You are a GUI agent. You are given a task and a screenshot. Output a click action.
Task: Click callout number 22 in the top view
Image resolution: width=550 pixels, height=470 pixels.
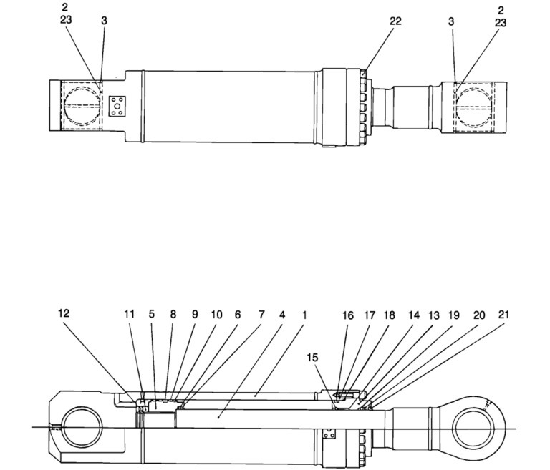click(395, 21)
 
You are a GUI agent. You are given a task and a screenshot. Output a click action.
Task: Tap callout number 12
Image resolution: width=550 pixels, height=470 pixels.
click(64, 313)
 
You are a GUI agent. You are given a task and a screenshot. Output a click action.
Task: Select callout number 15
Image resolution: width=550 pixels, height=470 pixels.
click(314, 356)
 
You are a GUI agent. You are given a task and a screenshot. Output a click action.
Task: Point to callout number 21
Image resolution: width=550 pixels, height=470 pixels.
click(505, 314)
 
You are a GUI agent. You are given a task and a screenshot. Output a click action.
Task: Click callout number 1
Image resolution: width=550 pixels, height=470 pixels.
click(304, 314)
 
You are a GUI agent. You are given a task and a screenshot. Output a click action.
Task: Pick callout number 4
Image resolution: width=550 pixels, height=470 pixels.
click(282, 314)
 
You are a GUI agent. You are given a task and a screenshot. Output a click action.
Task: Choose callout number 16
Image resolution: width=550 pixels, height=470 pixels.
click(348, 314)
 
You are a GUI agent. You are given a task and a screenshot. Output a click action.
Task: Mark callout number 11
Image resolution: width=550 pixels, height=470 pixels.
click(129, 314)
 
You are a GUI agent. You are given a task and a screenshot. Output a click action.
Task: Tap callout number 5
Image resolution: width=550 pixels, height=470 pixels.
click(151, 314)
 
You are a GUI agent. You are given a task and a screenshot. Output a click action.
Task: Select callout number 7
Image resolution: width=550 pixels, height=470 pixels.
click(261, 314)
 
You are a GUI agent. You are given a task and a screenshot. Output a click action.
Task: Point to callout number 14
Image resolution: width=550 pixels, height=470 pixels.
click(413, 314)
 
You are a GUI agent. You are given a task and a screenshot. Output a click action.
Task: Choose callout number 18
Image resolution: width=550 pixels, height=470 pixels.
click(389, 314)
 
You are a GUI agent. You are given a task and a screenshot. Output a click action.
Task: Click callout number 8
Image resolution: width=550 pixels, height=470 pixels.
click(173, 314)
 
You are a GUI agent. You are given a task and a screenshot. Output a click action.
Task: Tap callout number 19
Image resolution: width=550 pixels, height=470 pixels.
click(455, 314)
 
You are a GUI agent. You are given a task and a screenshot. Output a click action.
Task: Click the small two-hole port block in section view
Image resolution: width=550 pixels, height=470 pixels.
click(329, 434)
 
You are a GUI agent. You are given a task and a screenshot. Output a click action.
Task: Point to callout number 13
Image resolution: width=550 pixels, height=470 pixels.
click(434, 314)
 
